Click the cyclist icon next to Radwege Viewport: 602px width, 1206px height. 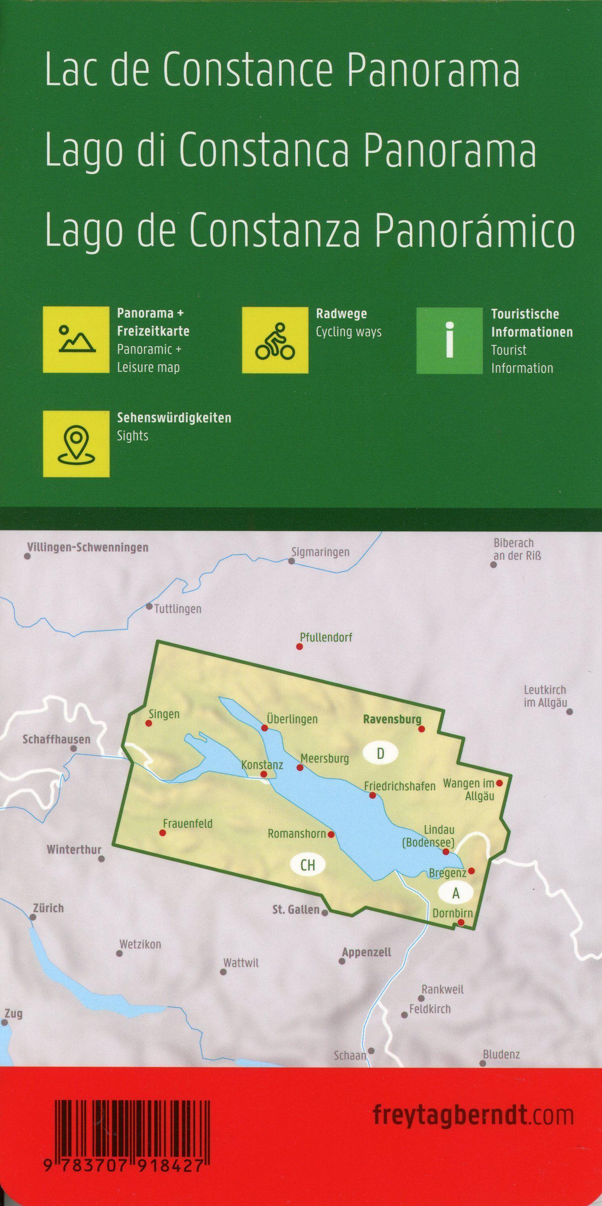coord(275,340)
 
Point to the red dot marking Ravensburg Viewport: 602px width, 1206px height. coord(421,729)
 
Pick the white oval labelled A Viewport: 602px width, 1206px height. coord(455,894)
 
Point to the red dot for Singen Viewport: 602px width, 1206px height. coord(149,724)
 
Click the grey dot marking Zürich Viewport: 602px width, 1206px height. coord(32,917)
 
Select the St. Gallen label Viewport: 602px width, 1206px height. coord(296,910)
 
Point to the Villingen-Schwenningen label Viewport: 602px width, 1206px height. coord(88,547)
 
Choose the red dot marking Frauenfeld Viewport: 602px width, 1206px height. coord(163,833)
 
